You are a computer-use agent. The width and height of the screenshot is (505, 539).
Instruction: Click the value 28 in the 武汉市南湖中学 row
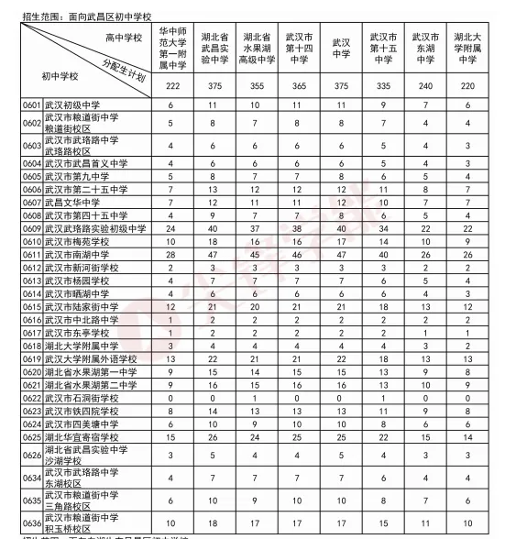click(171, 253)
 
